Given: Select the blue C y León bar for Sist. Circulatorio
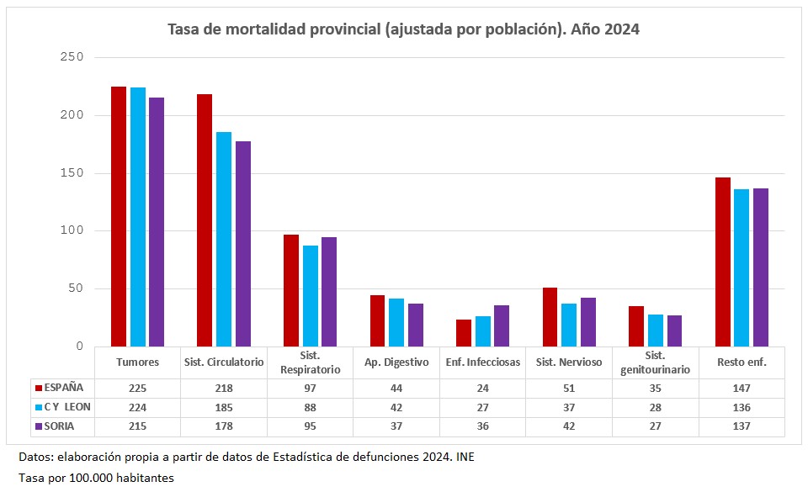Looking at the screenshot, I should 224,239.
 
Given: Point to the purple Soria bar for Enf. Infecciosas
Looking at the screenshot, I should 502,325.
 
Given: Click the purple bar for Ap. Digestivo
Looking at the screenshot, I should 416,325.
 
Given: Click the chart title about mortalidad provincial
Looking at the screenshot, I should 404,29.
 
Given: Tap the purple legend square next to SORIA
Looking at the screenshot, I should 38,426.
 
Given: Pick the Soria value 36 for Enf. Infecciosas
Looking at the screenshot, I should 482,426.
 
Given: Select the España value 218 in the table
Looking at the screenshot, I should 224,388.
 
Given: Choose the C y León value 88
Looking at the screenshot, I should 310,407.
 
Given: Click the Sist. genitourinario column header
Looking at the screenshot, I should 655,362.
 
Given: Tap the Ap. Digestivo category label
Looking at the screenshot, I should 396,362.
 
